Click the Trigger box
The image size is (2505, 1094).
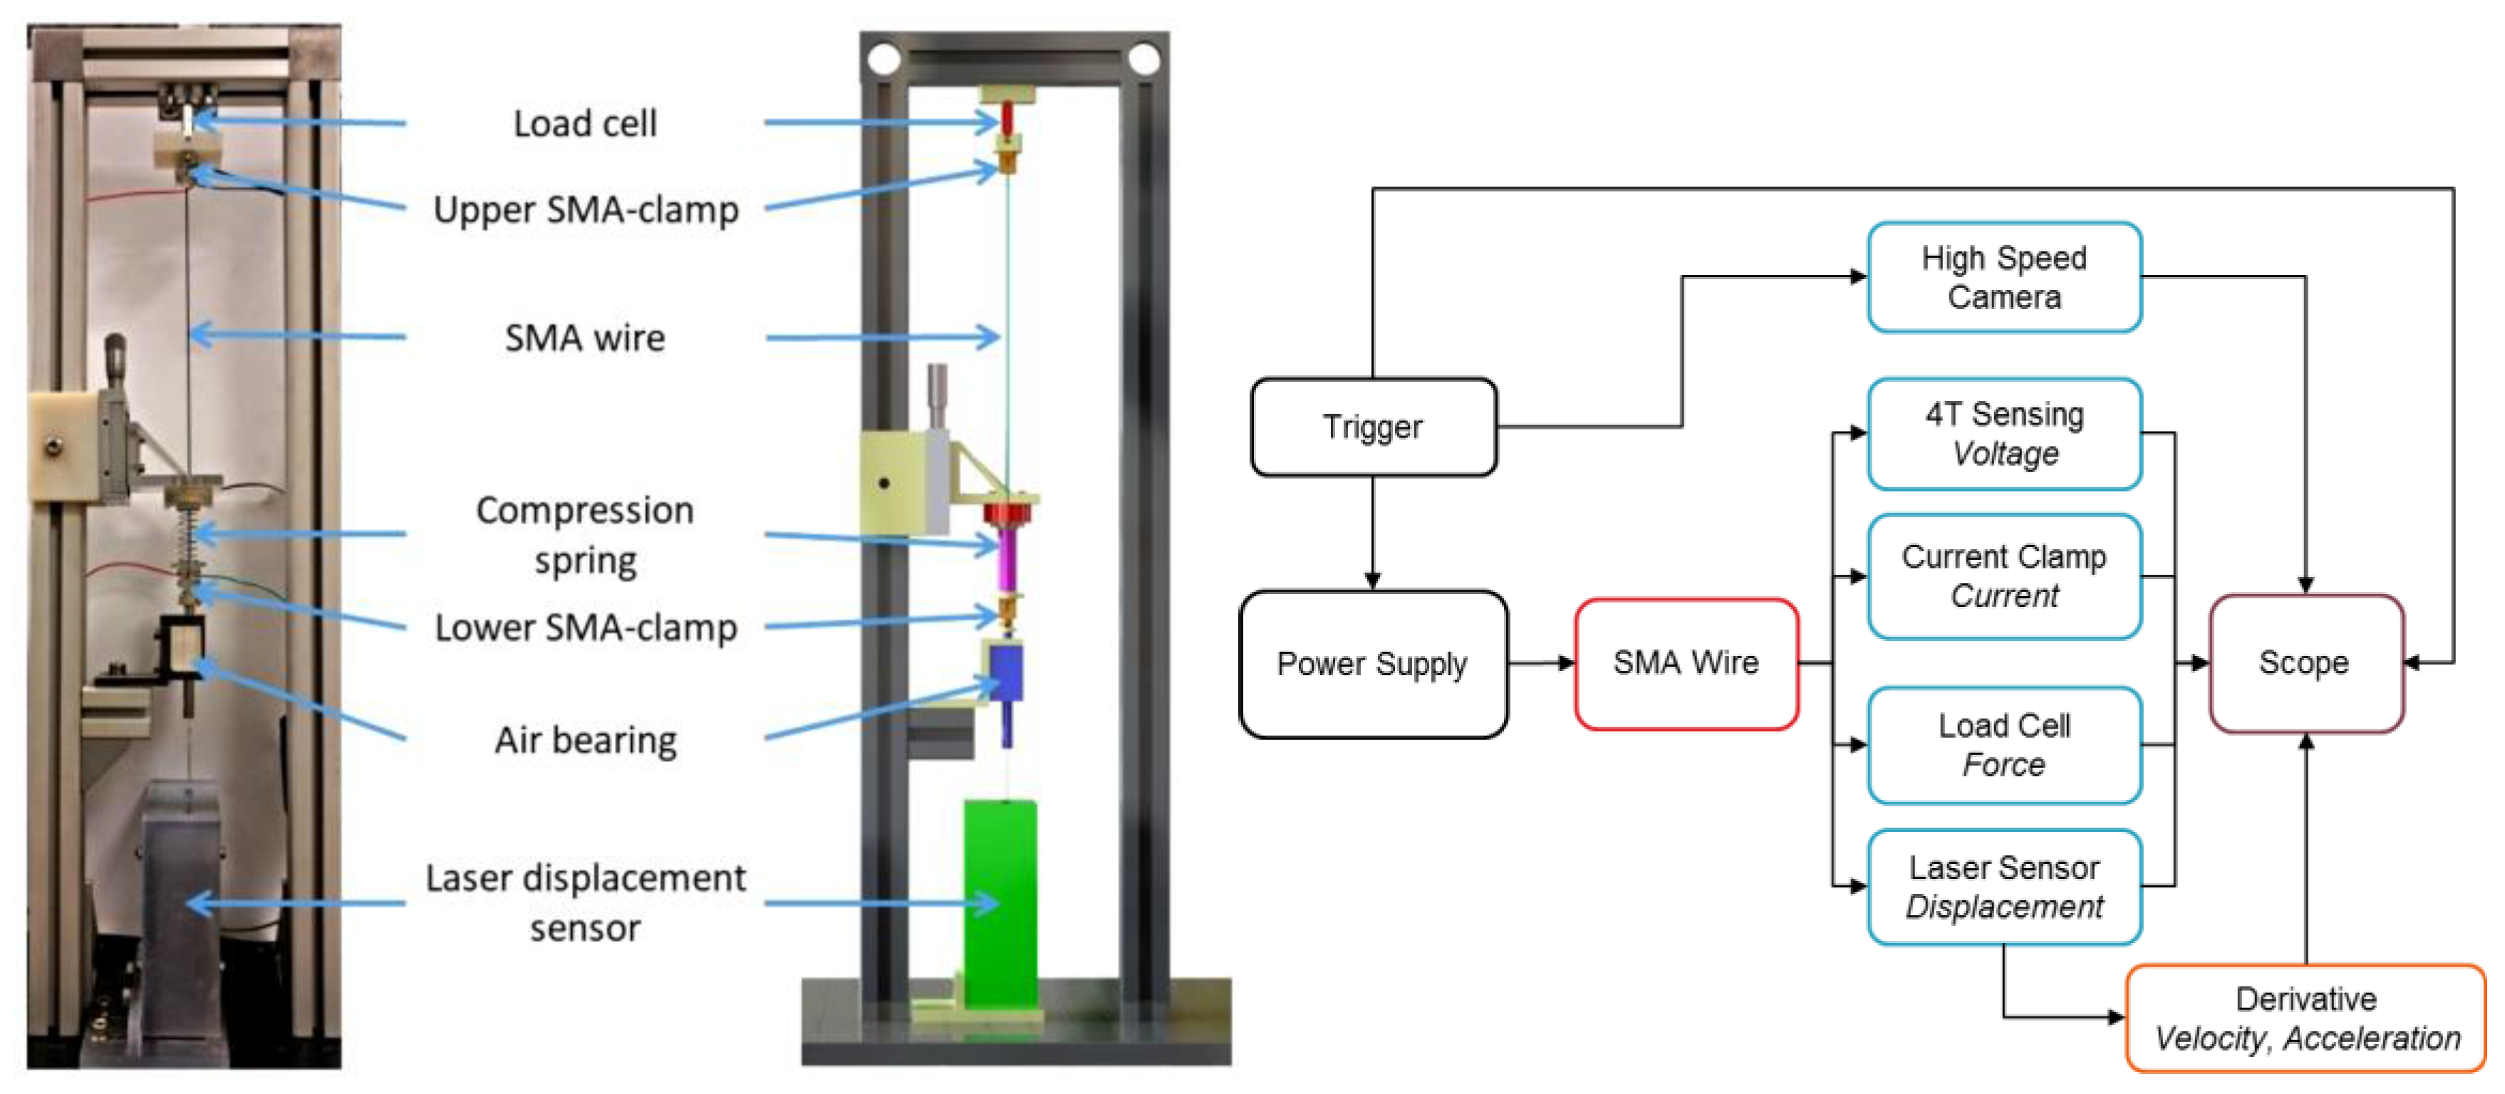(x=1372, y=427)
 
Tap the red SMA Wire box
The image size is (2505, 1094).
(x=1685, y=663)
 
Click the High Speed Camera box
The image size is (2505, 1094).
(x=2003, y=277)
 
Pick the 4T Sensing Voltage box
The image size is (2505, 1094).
(x=2003, y=434)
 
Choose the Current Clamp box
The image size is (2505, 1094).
(x=2003, y=575)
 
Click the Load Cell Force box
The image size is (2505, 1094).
(x=2003, y=745)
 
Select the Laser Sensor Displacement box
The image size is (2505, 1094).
(x=2003, y=887)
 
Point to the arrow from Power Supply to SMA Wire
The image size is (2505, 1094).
(x=1541, y=663)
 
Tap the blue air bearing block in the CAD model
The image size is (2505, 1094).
(x=1005, y=672)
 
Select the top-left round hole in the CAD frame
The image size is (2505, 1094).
(x=883, y=59)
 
